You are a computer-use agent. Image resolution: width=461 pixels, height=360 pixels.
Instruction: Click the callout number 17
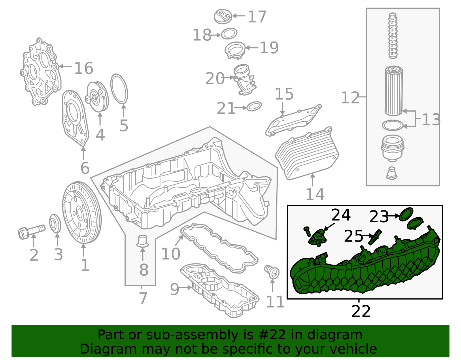pyautogui.click(x=257, y=17)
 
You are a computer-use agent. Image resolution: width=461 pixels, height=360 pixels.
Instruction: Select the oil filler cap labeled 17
pyautogui.click(x=223, y=16)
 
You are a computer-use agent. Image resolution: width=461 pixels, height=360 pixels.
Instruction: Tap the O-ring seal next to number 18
pyautogui.click(x=229, y=34)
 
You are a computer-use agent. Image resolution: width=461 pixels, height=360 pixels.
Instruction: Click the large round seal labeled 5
pyautogui.click(x=119, y=89)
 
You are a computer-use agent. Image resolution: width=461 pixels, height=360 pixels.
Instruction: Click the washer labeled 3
pyautogui.click(x=55, y=223)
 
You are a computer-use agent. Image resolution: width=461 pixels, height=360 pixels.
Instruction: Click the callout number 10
pyautogui.click(x=171, y=254)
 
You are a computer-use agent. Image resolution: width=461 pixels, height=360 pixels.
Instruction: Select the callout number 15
pyautogui.click(x=284, y=94)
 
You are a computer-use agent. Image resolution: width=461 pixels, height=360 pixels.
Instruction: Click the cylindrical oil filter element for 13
pyautogui.click(x=393, y=91)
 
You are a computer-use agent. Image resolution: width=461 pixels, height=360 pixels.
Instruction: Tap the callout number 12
pyautogui.click(x=350, y=98)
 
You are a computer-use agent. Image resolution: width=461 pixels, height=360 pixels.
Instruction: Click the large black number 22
pyautogui.click(x=361, y=311)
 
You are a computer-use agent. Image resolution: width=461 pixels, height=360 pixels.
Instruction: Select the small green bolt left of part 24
pyautogui.click(x=307, y=231)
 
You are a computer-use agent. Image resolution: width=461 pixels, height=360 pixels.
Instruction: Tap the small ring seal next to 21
pyautogui.click(x=254, y=106)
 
